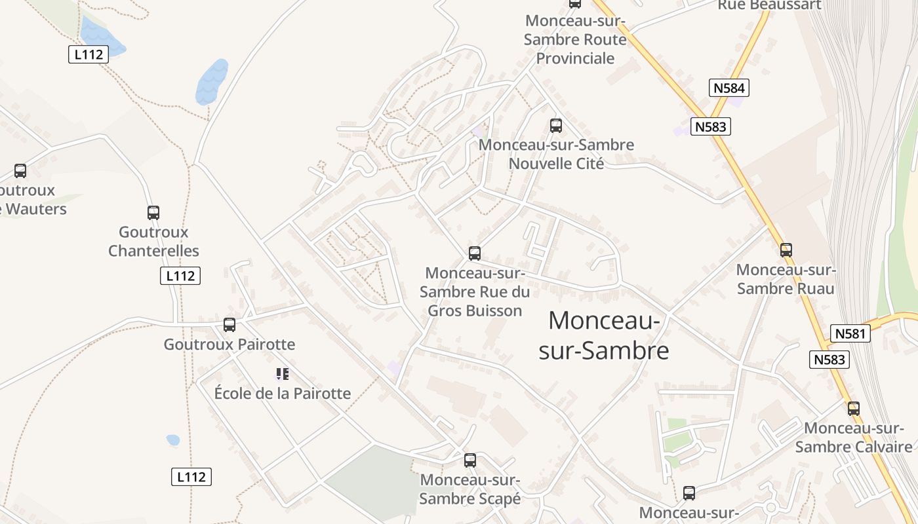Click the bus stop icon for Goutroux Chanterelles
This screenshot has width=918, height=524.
[153, 212]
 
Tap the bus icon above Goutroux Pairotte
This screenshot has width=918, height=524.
[229, 324]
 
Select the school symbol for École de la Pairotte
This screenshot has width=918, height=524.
[282, 374]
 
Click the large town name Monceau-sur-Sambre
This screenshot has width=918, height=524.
[604, 335]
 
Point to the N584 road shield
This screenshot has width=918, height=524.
[728, 88]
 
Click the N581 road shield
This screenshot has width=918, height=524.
[850, 333]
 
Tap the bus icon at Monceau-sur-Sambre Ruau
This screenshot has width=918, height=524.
[786, 250]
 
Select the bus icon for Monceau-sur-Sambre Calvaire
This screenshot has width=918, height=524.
[853, 408]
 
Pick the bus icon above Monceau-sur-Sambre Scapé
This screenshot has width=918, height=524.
[470, 460]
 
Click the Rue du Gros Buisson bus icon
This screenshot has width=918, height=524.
[475, 253]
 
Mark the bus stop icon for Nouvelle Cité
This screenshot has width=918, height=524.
[556, 125]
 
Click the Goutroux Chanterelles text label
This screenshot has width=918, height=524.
[153, 241]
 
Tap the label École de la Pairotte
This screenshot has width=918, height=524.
[283, 394]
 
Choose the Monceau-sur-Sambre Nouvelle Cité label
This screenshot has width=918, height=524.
[557, 154]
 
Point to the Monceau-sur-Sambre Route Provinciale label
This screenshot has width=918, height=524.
[576, 39]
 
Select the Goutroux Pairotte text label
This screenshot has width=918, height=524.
[229, 345]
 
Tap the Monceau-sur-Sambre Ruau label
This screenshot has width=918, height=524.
[786, 279]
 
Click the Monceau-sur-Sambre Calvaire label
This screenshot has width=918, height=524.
[854, 438]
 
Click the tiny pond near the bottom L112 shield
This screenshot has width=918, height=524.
[173, 440]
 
